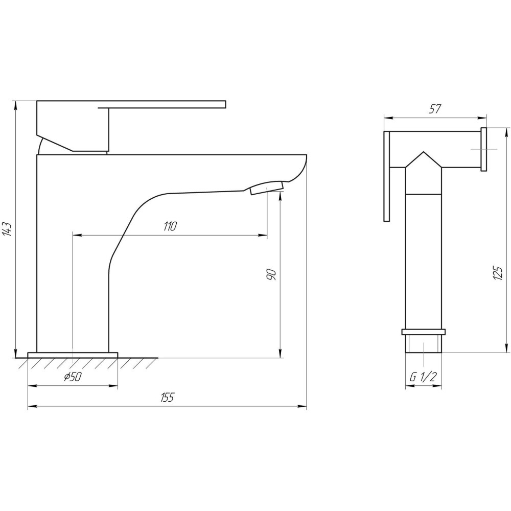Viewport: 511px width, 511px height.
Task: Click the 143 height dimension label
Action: click(7, 229)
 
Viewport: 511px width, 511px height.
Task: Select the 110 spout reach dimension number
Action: click(170, 226)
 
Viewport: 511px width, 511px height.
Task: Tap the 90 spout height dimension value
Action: click(271, 275)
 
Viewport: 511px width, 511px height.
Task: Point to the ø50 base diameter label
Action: click(73, 377)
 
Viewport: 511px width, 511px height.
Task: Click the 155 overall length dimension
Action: click(168, 398)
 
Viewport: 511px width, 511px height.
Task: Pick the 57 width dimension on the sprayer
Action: click(435, 109)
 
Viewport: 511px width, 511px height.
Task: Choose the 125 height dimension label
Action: click(498, 273)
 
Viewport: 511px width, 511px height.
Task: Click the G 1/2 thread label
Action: click(423, 377)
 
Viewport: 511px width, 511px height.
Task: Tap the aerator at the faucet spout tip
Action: click(267, 188)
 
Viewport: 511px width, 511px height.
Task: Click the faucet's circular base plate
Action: click(73, 355)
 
